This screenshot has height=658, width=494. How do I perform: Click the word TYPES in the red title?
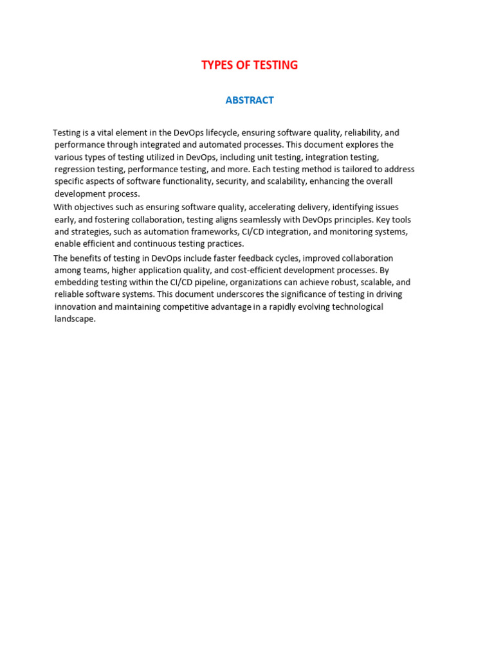click(x=217, y=65)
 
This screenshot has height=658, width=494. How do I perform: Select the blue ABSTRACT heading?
click(x=250, y=100)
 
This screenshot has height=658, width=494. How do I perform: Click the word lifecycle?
click(x=218, y=133)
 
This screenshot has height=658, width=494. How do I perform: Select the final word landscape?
click(x=75, y=319)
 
